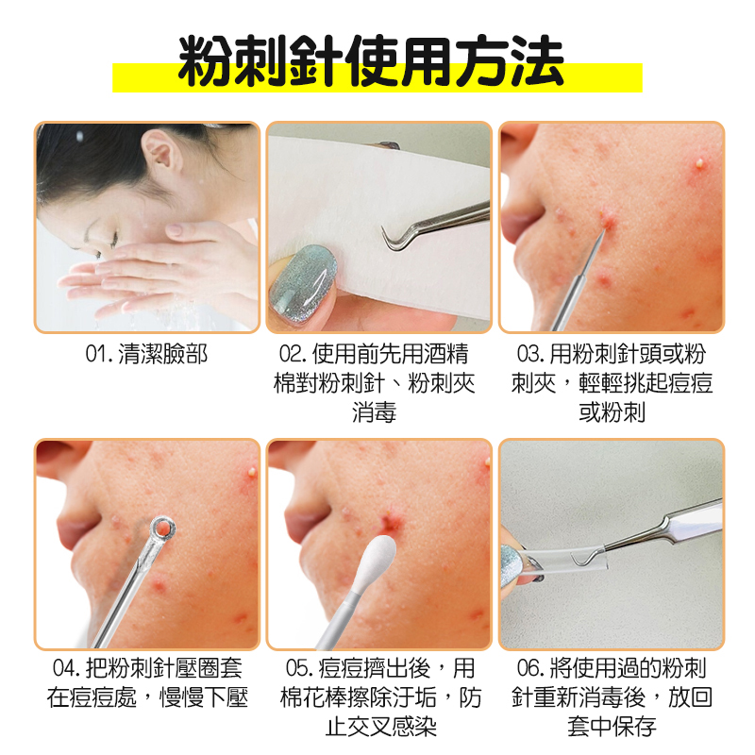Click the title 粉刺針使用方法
(x=371, y=61)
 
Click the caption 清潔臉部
(x=162, y=354)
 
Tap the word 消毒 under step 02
(x=374, y=412)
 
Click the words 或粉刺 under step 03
(x=612, y=412)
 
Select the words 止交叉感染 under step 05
(x=381, y=727)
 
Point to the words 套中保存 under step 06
(x=612, y=727)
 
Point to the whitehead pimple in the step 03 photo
(x=700, y=163)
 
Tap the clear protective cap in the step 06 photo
(x=568, y=559)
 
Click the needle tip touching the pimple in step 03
(x=604, y=230)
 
